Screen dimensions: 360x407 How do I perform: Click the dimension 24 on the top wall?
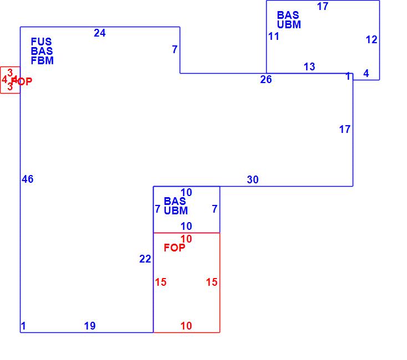[x=100, y=33]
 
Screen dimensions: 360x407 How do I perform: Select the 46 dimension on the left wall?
[x=28, y=179]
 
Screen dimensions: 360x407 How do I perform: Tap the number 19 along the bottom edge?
[x=90, y=326]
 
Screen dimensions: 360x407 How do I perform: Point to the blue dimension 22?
[x=145, y=259]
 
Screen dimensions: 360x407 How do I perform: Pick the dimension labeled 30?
[x=253, y=179]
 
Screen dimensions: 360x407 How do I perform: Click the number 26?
[x=266, y=80]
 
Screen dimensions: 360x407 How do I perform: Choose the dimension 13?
[x=309, y=67]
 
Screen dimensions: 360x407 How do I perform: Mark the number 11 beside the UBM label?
[x=274, y=37]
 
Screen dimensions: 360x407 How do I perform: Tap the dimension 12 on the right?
[x=372, y=40]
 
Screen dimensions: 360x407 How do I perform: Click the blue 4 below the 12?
[x=366, y=73]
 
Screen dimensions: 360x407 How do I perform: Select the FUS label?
[x=42, y=42]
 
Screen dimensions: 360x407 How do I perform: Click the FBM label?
[x=42, y=61]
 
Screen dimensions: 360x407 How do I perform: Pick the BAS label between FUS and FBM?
[x=42, y=52]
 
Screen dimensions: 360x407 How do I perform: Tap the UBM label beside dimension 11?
[x=289, y=25]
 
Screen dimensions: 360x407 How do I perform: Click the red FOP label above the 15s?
[x=175, y=248]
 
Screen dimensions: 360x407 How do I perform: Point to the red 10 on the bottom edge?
[x=186, y=326]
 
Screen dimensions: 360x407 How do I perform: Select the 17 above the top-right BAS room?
[x=323, y=7]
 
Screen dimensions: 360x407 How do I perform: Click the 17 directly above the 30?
[x=345, y=130]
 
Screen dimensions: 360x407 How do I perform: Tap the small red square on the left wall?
[x=10, y=80]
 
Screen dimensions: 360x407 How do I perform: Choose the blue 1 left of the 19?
[x=23, y=326]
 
